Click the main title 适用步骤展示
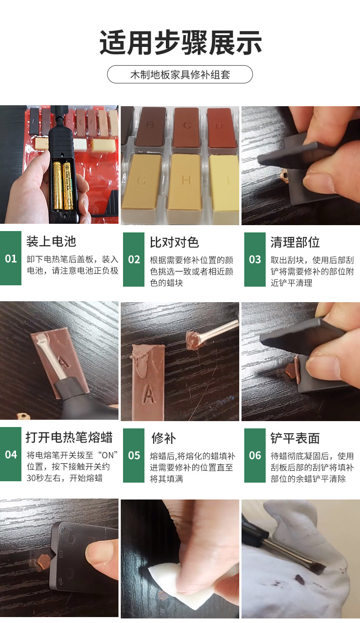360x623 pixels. click(180, 43)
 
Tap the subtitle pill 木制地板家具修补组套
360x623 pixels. click(180, 74)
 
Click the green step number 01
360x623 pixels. click(10, 259)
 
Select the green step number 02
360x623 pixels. click(134, 259)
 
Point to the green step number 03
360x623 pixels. click(255, 259)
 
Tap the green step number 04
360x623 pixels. click(10, 454)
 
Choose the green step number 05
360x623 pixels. click(134, 455)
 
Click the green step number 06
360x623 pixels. click(255, 455)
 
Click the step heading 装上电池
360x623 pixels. click(51, 241)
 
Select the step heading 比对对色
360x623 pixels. click(174, 242)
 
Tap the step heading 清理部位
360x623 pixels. click(295, 242)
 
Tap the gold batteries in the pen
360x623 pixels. click(63, 185)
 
